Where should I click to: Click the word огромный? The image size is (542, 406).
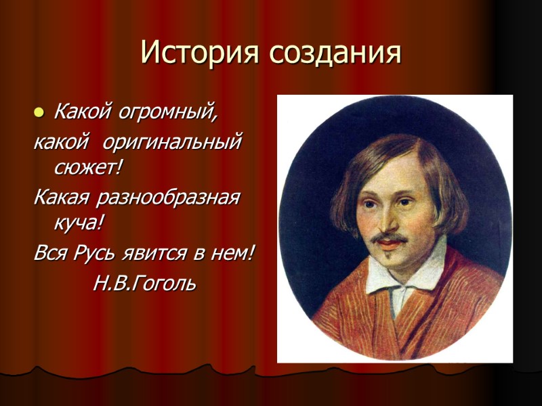pyautogui.click(x=175, y=110)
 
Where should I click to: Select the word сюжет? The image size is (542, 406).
pyautogui.click(x=85, y=166)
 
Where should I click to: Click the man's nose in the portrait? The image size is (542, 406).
pyautogui.click(x=385, y=220)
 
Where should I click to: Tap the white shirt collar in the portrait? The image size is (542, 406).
pyautogui.click(x=406, y=271)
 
